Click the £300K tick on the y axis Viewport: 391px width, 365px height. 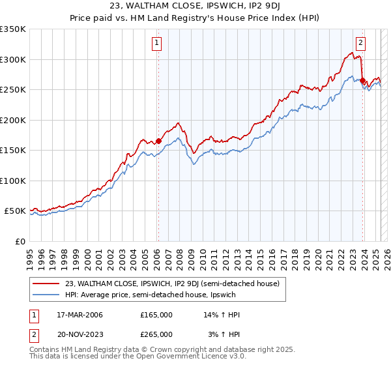(13, 59)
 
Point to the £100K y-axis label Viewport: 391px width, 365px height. (13, 181)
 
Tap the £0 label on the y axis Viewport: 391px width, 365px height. (21, 241)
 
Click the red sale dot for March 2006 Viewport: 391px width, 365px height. (158, 141)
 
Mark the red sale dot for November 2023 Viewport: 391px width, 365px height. (363, 81)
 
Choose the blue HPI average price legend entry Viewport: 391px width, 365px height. (156, 295)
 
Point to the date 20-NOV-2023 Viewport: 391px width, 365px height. (74, 334)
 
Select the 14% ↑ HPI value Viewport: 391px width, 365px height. (222, 315)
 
